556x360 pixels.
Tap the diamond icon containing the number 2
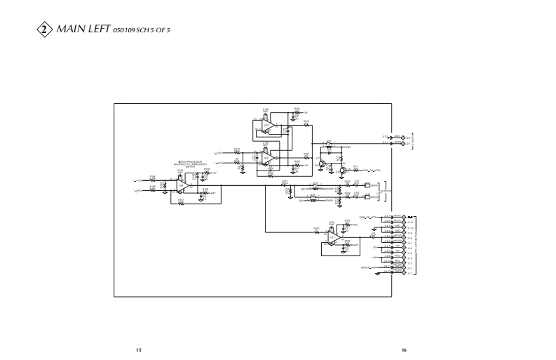coord(44,29)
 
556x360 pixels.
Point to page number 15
coord(139,349)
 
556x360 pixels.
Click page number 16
coord(404,349)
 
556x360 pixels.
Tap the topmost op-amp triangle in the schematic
coord(267,126)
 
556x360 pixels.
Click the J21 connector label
coord(384,143)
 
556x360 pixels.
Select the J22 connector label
coord(384,136)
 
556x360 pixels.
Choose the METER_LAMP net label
coord(370,267)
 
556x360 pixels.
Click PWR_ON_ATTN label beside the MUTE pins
coord(367,217)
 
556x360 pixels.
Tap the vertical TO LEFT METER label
coord(416,246)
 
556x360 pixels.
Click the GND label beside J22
coord(397,136)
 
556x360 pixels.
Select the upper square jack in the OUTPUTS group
coord(369,187)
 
